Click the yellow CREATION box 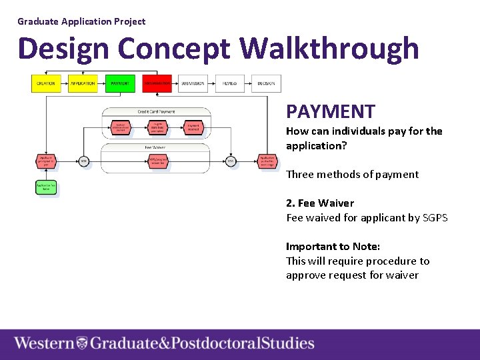tap(45, 83)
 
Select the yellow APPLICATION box tap(83, 83)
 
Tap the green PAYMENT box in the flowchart tap(120, 83)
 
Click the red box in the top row tap(157, 83)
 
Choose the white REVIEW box tap(229, 83)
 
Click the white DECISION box tap(266, 83)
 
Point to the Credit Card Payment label tap(156, 111)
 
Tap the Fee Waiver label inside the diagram tap(155, 147)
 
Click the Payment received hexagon tap(193, 127)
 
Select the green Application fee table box tap(45, 187)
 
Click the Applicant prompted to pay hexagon tap(46, 161)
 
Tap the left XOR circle tap(83, 161)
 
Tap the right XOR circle tap(230, 161)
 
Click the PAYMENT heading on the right tap(331, 111)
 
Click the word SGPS tap(435, 217)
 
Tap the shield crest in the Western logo tap(82, 343)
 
